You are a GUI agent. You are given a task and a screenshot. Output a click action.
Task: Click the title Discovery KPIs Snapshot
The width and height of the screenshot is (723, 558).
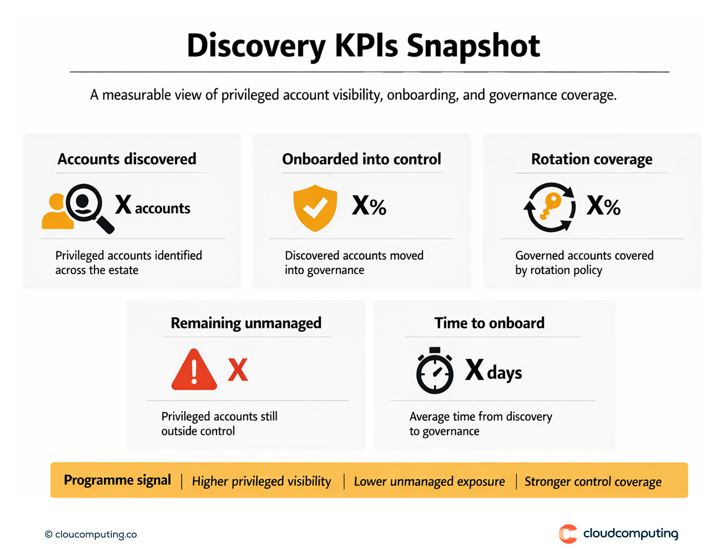[x=363, y=46]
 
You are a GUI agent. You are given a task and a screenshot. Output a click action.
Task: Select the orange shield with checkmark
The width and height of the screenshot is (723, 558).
[x=315, y=208]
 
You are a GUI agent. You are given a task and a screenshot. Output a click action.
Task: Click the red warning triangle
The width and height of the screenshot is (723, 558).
[x=194, y=370]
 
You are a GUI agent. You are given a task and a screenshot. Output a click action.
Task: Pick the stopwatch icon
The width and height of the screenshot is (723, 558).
[x=434, y=371]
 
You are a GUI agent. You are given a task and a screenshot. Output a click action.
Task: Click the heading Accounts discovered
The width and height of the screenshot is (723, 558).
[x=127, y=159]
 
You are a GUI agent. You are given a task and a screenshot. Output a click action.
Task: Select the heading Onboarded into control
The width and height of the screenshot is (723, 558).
[x=361, y=159]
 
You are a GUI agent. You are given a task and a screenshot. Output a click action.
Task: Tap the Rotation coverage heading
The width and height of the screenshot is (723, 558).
[x=591, y=159]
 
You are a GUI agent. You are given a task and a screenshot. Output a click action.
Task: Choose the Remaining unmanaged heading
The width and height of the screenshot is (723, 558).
[x=246, y=323]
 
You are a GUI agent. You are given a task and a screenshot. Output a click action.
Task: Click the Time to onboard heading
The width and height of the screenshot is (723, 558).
[x=489, y=323]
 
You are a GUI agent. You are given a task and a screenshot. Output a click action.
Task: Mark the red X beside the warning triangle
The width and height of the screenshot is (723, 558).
[x=238, y=370]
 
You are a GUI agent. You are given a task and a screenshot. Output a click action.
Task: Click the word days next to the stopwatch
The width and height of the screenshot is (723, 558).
[x=505, y=373]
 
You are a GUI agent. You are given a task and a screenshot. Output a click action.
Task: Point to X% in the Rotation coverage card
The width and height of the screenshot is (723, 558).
[x=603, y=205]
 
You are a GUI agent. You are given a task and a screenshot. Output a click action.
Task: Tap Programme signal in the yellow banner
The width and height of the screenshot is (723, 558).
[x=117, y=480]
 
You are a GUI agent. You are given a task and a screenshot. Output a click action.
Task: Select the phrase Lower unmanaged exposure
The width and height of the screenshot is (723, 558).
[x=429, y=481]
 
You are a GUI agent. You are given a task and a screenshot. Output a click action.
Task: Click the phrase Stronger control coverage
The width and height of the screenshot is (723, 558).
[x=593, y=481]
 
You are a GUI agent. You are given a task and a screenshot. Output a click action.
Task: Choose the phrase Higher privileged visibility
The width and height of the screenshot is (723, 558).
[x=262, y=481]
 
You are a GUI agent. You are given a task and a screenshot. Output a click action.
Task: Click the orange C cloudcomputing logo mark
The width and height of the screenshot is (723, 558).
[x=568, y=534]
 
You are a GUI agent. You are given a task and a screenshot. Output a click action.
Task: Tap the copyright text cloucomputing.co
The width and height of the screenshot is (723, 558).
[x=91, y=534]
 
